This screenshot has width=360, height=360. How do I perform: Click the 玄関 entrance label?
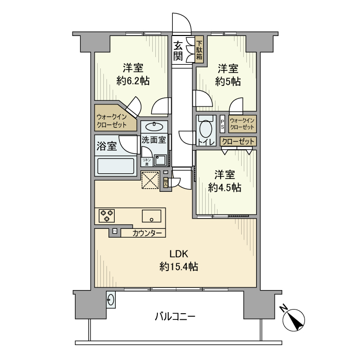(x=178, y=50)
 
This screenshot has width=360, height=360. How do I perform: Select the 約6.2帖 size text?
(x=133, y=75)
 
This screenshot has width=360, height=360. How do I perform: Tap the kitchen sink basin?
(x=152, y=215)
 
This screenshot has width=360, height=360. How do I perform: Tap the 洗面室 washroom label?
(x=153, y=139)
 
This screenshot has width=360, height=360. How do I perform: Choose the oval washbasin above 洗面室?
(x=154, y=126)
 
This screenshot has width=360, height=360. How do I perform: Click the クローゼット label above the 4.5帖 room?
(x=238, y=141)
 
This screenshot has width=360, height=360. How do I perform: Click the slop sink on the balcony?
(x=111, y=298)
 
